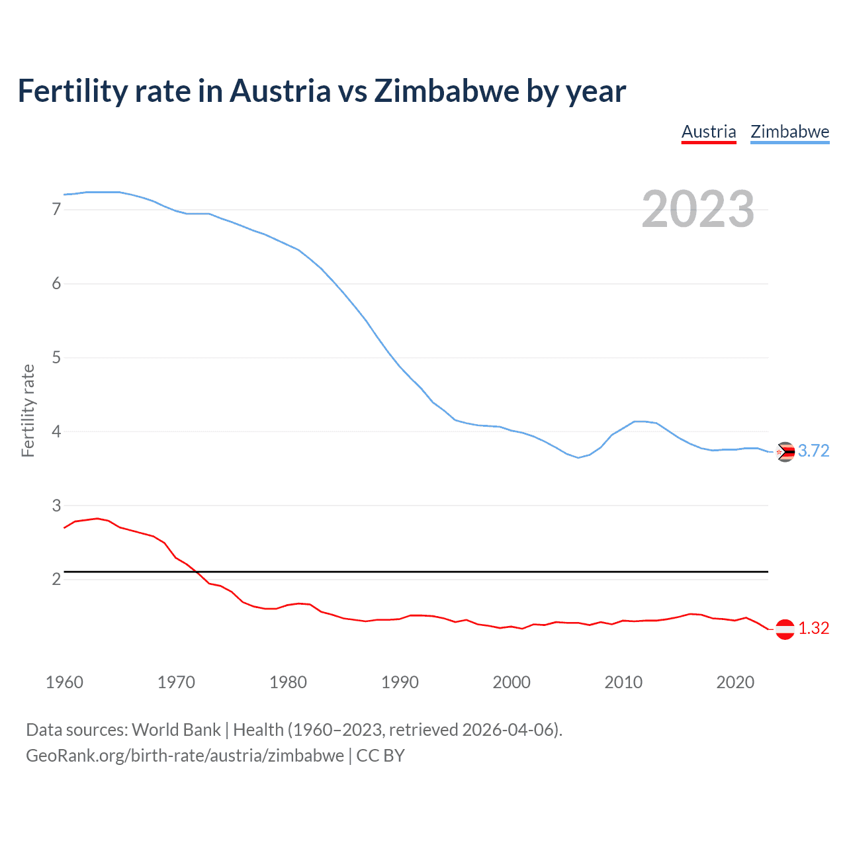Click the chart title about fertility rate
coord(322,91)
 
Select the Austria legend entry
coord(709,132)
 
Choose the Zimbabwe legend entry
coord(789,132)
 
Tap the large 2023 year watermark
coord(697,209)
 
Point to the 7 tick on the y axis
coord(56,210)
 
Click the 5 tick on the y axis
coord(56,358)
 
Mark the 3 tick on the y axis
coord(56,506)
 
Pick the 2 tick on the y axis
coord(56,580)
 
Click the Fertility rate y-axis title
coord(28,410)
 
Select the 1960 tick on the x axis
coord(64,682)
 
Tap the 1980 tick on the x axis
coord(288,682)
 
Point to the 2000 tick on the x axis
coord(512,682)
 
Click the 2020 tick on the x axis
coord(735,682)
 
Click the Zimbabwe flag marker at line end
coord(785,452)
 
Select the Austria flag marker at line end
coord(785,629)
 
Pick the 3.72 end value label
coord(813,451)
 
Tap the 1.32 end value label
coord(813,629)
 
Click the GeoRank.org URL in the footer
coord(185,756)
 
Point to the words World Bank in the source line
coord(176,730)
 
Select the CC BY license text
coord(380,756)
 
